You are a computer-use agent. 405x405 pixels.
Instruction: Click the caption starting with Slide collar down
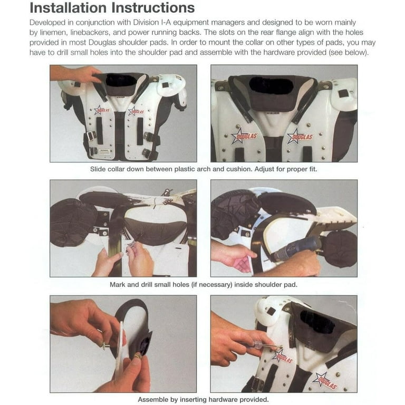click(204, 169)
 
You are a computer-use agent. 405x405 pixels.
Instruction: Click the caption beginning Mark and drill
click(204, 285)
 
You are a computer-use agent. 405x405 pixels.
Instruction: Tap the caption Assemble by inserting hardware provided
click(203, 400)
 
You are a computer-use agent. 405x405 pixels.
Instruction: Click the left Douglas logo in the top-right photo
click(244, 136)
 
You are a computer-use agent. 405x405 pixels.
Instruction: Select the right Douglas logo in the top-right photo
click(300, 137)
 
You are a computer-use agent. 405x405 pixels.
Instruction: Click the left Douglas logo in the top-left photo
click(102, 110)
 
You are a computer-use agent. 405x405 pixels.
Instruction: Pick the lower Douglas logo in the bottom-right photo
click(324, 381)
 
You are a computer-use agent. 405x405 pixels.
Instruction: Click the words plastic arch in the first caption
click(196, 169)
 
